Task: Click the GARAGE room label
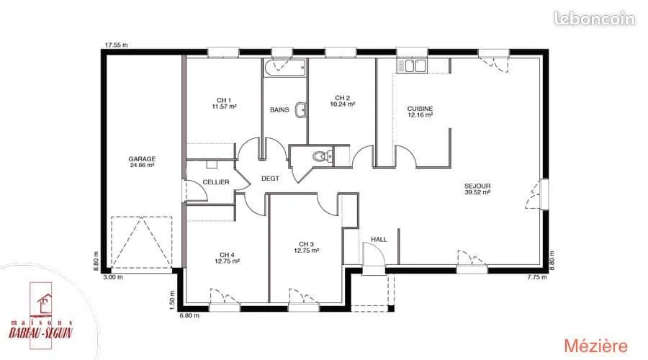coord(142,158)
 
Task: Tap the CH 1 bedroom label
coord(224,100)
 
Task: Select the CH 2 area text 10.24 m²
coord(342,104)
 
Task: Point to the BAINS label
coord(279,109)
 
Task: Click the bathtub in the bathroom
coord(286,68)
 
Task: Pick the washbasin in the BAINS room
coord(300,110)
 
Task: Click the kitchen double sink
coord(412,66)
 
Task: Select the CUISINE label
coord(420,109)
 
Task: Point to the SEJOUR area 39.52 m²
coord(477,192)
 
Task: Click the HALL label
coord(379,239)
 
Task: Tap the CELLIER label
coord(216,182)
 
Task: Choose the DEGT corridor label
coord(270,179)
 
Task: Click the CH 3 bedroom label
coord(306,244)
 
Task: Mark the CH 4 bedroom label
coord(227,255)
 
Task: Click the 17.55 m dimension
coord(116,45)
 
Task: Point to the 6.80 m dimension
coord(189,315)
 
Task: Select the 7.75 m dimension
coord(537,277)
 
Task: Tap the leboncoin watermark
coord(594,19)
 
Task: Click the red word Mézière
coord(595,346)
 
